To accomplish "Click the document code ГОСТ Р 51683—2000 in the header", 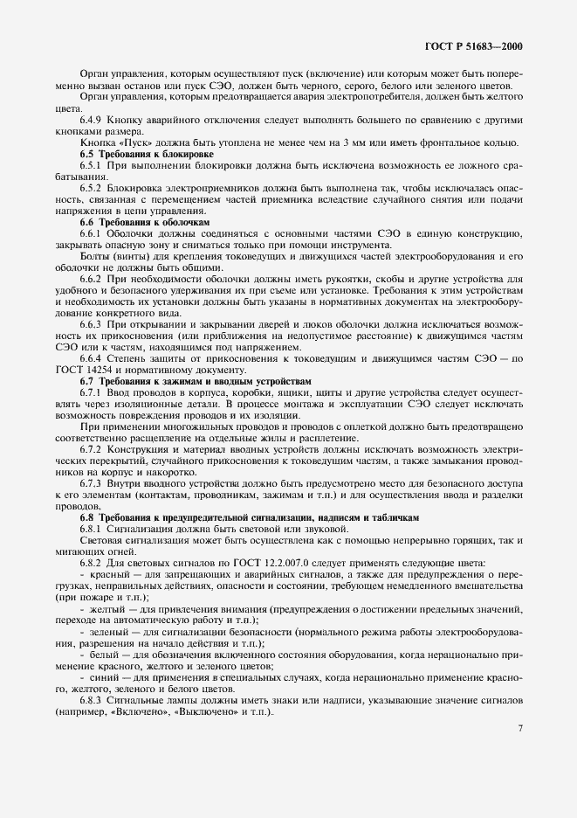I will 477,46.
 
